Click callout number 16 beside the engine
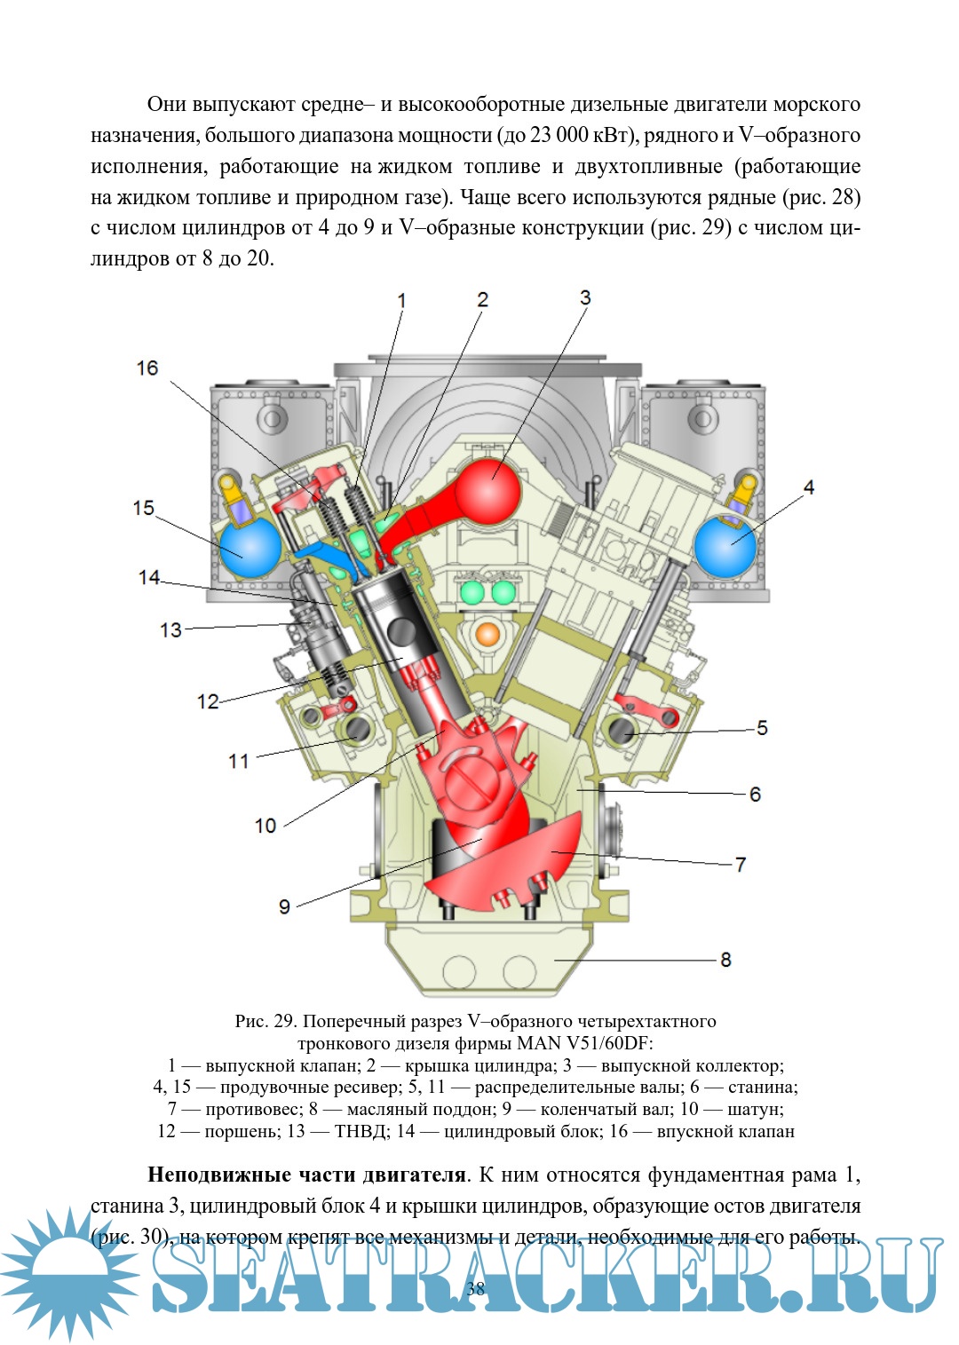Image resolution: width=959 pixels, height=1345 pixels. coord(147,368)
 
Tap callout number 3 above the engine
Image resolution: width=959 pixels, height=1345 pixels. coord(585,298)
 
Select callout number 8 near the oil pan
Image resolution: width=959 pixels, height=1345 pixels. coord(725,960)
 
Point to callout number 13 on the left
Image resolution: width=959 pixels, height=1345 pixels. coord(170,630)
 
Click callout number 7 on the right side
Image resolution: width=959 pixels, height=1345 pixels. coord(741,865)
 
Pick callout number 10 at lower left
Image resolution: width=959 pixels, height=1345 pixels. coord(266,826)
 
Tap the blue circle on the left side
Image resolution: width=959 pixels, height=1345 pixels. coord(250,548)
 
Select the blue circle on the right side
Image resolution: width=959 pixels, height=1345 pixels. coord(725,547)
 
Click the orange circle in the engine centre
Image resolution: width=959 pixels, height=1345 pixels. coord(487,634)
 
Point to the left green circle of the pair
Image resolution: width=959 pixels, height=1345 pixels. coord(472,591)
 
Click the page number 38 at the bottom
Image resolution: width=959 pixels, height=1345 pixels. coord(476,1289)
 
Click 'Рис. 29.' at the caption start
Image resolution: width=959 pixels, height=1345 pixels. coord(265,1021)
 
